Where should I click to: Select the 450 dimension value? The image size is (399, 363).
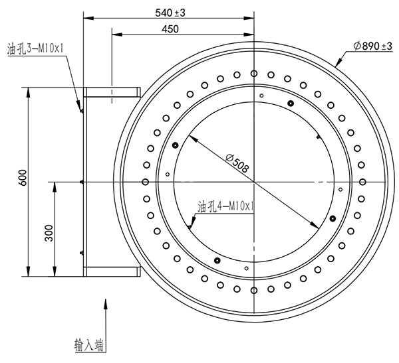click(170, 29)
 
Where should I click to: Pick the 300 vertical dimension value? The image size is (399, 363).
click(49, 235)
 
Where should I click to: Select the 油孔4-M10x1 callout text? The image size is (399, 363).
click(226, 206)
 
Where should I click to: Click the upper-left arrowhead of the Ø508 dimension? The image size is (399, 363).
click(191, 137)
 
